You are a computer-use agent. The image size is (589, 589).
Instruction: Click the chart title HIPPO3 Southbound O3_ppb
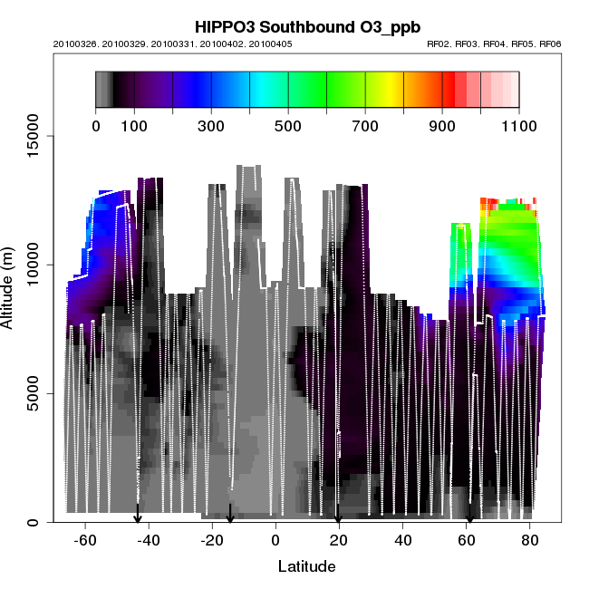click(x=294, y=26)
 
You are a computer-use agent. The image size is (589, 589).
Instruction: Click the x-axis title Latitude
click(x=306, y=567)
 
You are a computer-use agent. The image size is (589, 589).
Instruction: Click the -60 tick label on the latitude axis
click(x=85, y=540)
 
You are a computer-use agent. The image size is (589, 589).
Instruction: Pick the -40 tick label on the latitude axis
click(x=149, y=540)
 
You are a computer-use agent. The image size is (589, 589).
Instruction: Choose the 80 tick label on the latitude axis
click(x=529, y=540)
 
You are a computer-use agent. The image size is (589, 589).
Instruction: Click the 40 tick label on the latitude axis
click(x=402, y=540)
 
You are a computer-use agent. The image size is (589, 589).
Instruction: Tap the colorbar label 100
click(x=134, y=125)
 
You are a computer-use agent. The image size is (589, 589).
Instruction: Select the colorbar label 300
click(x=211, y=125)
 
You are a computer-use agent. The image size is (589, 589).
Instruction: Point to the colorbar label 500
click(x=288, y=125)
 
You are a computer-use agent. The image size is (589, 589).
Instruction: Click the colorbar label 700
click(x=365, y=125)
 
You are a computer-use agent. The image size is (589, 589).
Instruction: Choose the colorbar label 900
click(x=442, y=125)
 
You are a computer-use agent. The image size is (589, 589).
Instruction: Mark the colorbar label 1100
click(x=517, y=125)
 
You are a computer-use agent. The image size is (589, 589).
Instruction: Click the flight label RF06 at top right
click(x=552, y=43)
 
